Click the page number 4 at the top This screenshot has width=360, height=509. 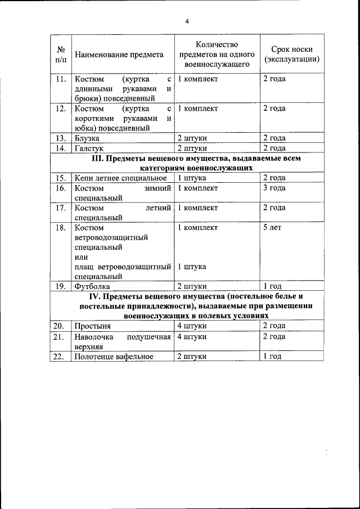point(187,21)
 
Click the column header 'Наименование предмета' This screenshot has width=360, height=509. point(119,55)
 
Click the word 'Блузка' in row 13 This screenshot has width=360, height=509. point(87,138)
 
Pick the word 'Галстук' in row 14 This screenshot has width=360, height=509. point(89,148)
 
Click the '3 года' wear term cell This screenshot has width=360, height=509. point(274,188)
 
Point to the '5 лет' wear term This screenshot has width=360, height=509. point(272,228)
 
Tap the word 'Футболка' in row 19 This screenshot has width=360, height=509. point(92,286)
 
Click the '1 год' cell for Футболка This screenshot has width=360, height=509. point(273,286)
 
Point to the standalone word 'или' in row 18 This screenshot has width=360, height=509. point(82,257)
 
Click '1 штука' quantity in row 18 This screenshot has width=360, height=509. point(191,267)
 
